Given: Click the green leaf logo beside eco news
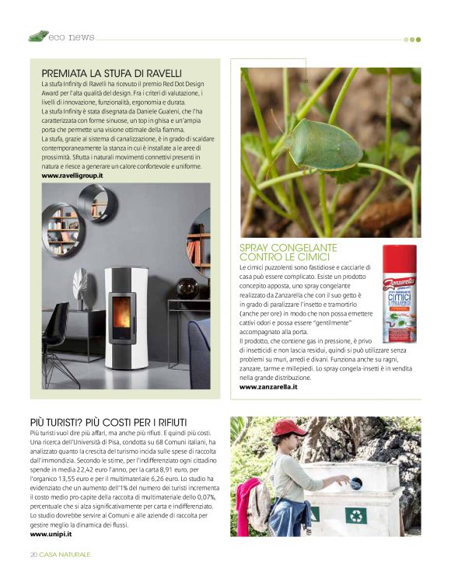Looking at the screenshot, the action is pyautogui.click(x=38, y=36).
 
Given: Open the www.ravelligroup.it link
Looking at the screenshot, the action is pyautogui.click(x=72, y=176).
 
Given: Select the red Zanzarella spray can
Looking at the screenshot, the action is pyautogui.click(x=399, y=294).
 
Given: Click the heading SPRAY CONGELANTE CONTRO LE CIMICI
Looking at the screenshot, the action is pyautogui.click(x=285, y=252).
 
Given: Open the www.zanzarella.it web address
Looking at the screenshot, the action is pyautogui.click(x=268, y=386).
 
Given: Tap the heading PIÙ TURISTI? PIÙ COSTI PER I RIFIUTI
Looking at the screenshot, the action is pyautogui.click(x=109, y=422).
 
